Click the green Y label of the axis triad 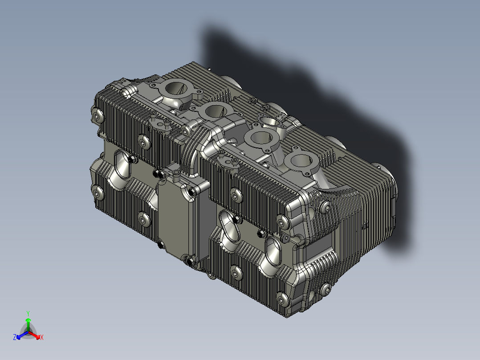tap(28, 313)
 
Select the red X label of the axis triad tap(41, 337)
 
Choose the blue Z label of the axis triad tap(15, 337)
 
